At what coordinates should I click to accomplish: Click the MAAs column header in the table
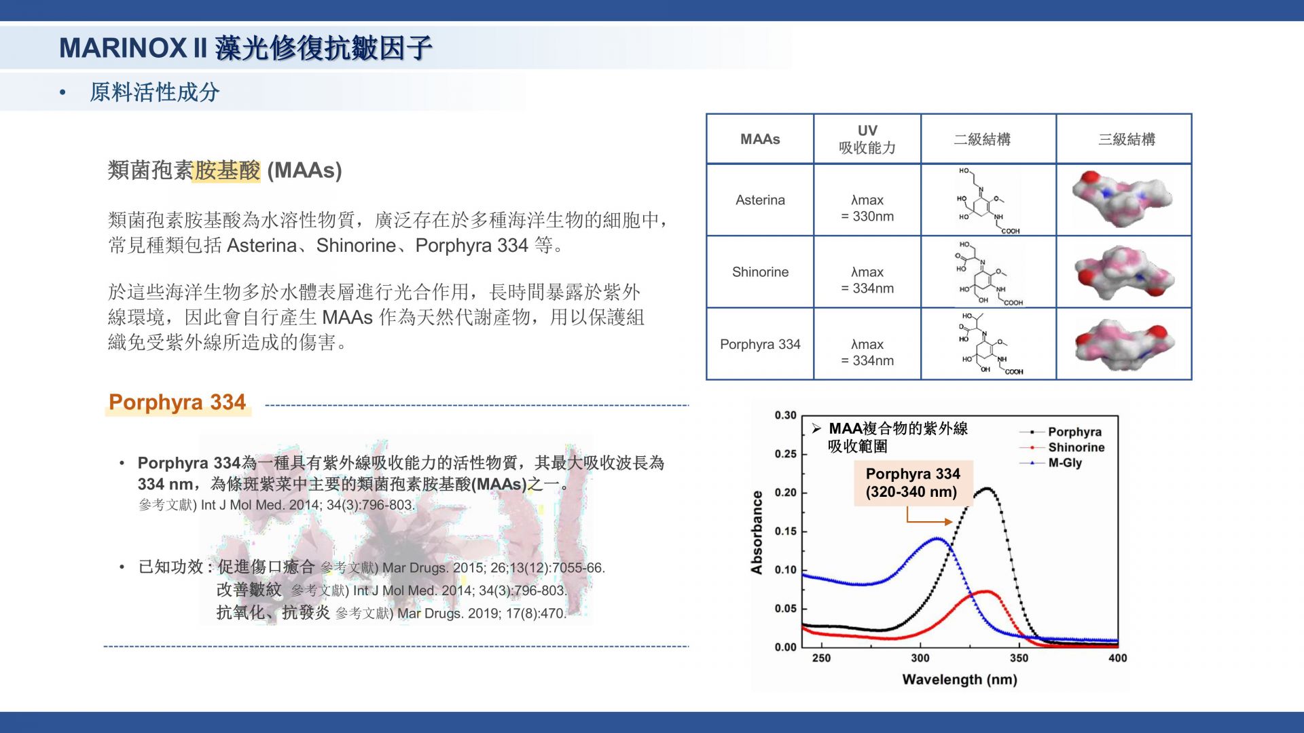coord(760,139)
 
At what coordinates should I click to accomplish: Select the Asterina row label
coord(760,200)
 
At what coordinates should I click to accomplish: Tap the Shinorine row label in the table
coord(760,272)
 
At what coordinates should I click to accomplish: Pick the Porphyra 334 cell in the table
coord(760,344)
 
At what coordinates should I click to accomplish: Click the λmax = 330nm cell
coord(867,208)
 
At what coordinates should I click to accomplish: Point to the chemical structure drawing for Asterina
coord(988,200)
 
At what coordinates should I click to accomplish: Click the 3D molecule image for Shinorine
coord(1123,273)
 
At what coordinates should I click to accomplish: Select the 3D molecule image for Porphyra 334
coord(1125,345)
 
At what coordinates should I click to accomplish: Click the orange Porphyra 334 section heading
coord(177,402)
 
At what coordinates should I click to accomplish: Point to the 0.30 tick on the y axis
coord(786,415)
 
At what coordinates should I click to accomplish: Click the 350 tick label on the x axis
coord(1019,658)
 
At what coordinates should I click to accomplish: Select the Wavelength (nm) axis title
coord(960,679)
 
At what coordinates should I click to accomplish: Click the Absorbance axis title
coord(757,533)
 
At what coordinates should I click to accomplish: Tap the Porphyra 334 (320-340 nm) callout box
coord(913,483)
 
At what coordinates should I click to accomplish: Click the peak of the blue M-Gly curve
coord(937,538)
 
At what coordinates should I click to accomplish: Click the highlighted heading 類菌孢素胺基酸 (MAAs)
coord(225,170)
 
